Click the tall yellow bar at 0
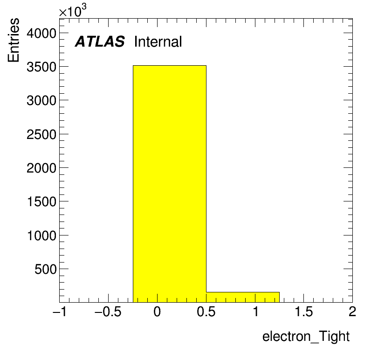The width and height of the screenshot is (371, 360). [x=169, y=184]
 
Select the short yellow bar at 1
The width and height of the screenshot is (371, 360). [x=243, y=297]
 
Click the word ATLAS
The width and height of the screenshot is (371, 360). [x=100, y=42]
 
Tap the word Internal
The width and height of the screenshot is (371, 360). [x=158, y=42]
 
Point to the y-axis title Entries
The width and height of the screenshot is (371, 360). [x=13, y=40]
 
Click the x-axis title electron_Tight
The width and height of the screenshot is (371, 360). [x=306, y=336]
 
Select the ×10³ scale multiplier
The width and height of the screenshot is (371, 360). [x=73, y=11]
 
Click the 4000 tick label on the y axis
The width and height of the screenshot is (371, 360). [x=41, y=34]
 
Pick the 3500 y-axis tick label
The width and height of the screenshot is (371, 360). [x=41, y=67]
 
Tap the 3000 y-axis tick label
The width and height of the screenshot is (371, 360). [x=41, y=101]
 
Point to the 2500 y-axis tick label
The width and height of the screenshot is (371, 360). [x=41, y=135]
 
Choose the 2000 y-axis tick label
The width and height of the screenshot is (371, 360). [x=41, y=168]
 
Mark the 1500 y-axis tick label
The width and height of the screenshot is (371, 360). [x=41, y=202]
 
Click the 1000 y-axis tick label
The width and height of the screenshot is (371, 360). [x=41, y=236]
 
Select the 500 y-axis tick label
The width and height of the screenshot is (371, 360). [x=46, y=270]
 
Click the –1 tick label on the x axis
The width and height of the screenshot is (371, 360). [x=60, y=312]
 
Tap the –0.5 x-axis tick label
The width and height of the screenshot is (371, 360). [x=108, y=312]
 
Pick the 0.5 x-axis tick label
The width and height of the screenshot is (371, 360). [x=206, y=312]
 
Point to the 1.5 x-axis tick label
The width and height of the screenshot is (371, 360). [x=304, y=312]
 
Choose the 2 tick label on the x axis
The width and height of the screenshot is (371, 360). [x=352, y=312]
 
